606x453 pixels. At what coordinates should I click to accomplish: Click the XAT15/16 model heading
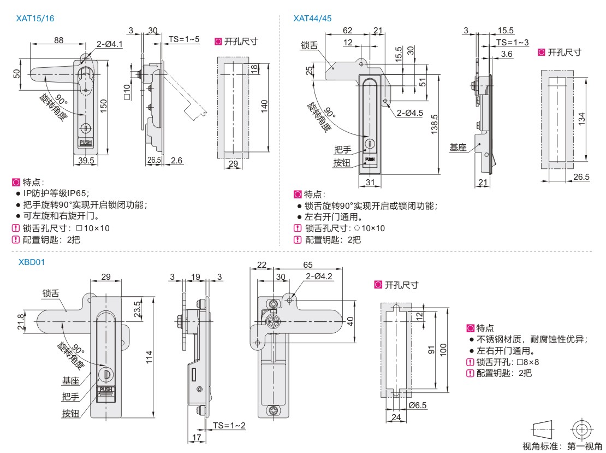tap(35, 18)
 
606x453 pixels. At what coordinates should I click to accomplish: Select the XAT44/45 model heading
tap(312, 18)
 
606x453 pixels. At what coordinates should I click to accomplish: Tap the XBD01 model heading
tap(31, 262)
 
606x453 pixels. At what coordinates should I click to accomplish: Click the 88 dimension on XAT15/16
tap(58, 39)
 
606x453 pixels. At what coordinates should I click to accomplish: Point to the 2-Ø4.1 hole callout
tap(110, 43)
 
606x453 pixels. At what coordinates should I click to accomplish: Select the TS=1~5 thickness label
tap(184, 39)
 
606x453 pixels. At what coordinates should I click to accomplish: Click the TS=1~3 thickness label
tap(513, 43)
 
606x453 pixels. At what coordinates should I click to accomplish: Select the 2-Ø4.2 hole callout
tap(319, 276)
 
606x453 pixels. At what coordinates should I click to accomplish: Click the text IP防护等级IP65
tap(56, 193)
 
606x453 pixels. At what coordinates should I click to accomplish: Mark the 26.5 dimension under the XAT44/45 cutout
tap(582, 177)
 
